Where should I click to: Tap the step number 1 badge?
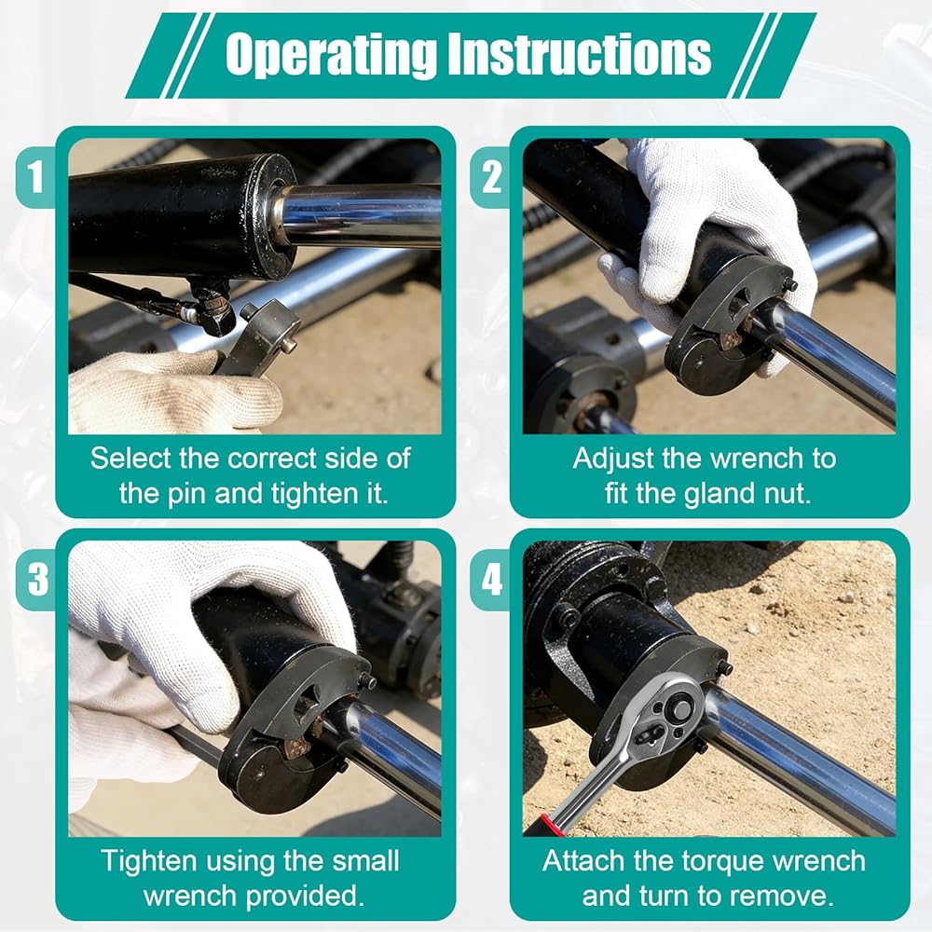pos(36,176)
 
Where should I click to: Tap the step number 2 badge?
pos(491,176)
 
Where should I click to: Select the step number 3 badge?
pos(36,579)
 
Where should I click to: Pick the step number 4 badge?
pos(491,579)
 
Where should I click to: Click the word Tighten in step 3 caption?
pos(148,861)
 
